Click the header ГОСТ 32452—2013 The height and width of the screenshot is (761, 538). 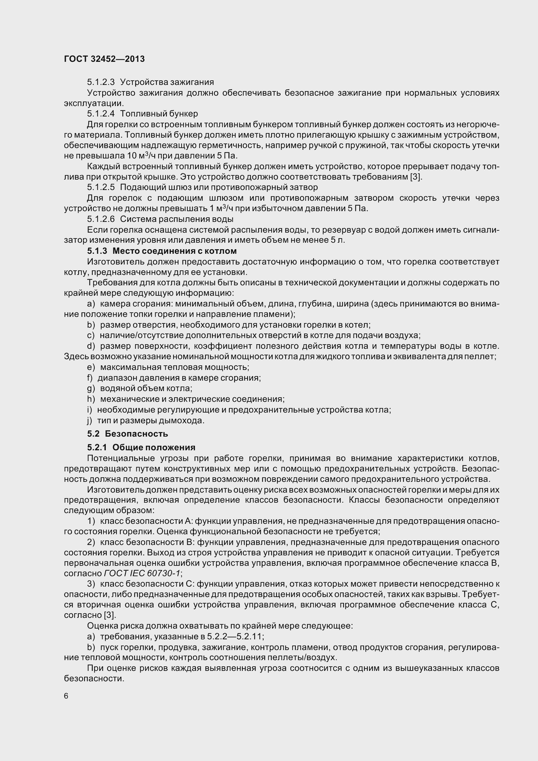104,59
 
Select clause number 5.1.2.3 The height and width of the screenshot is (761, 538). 101,82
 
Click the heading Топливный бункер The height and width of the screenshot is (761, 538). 159,114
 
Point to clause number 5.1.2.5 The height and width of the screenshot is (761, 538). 101,187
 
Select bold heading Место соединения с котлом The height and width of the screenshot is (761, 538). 174,251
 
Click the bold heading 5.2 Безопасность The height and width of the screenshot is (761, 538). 128,433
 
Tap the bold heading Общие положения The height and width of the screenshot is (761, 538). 154,447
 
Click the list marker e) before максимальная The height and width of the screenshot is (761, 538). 91,367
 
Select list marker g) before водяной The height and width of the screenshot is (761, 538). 91,388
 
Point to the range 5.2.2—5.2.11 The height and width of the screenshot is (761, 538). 235,636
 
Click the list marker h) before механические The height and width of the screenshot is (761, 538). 91,399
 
